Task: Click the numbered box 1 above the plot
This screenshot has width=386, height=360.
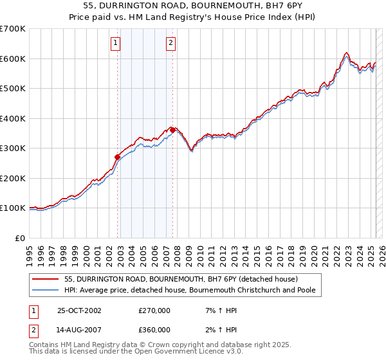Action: [x=115, y=44]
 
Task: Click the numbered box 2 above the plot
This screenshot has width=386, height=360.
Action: [x=170, y=44]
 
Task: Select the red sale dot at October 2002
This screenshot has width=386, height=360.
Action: [x=118, y=157]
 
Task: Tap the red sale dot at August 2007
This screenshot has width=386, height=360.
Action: [x=172, y=130]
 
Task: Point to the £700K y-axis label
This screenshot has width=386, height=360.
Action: [x=12, y=29]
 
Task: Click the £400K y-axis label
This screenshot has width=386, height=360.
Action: [x=12, y=118]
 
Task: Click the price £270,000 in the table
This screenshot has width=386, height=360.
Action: [x=154, y=310]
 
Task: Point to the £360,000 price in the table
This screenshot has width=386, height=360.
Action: [x=154, y=330]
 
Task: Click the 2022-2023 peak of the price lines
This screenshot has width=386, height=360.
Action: [x=346, y=53]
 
